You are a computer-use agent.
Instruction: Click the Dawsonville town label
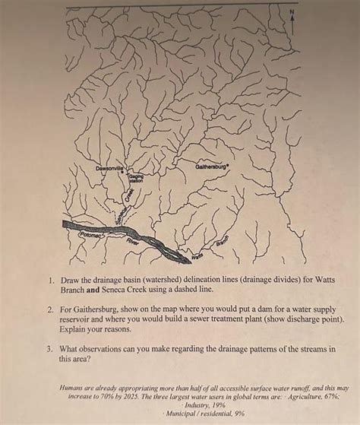110,167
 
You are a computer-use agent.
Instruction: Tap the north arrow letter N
289,13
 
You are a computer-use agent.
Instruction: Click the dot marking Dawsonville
122,172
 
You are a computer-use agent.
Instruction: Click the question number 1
48,280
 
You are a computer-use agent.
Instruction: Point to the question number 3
48,349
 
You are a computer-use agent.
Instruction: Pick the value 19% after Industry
201,405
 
